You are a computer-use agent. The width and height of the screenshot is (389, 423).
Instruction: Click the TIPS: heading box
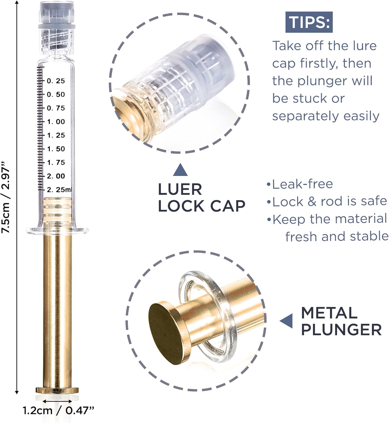pyautogui.click(x=309, y=22)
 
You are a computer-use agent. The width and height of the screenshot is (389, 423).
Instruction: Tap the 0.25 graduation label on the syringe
pyautogui.click(x=56, y=81)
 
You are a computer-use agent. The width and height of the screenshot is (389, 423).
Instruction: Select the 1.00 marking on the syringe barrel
pyautogui.click(x=56, y=122)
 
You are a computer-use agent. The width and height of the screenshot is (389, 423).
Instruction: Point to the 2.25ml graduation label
pyautogui.click(x=59, y=190)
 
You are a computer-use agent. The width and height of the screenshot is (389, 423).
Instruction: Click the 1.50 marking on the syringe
pyautogui.click(x=56, y=149)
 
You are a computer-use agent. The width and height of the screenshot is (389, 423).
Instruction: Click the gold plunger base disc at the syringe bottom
pyautogui.click(x=57, y=391)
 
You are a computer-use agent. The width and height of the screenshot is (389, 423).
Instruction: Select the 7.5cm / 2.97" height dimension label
pyautogui.click(x=6, y=197)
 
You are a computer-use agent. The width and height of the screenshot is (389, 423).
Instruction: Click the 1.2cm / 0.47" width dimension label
pyautogui.click(x=58, y=410)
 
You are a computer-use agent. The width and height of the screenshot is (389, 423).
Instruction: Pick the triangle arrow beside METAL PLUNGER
pyautogui.click(x=287, y=321)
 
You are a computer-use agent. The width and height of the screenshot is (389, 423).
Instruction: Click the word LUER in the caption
pyautogui.click(x=180, y=190)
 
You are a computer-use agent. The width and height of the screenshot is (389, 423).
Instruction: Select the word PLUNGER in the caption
pyautogui.click(x=341, y=330)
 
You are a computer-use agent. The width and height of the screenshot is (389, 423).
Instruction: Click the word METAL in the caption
pyautogui.click(x=329, y=313)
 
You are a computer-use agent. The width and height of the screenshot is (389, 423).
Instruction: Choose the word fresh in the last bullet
pyautogui.click(x=301, y=236)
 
